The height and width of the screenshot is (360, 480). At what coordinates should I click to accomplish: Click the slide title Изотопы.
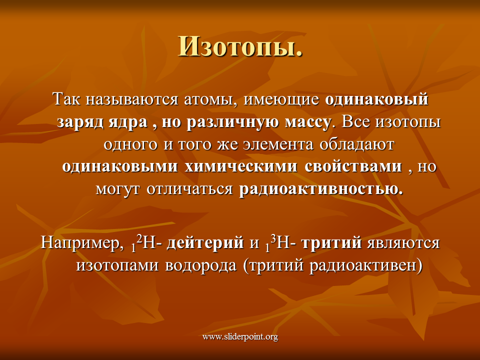[x=240, y=47]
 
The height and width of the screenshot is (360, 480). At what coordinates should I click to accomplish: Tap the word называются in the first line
[x=131, y=99]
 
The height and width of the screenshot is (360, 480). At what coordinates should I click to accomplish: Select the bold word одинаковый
[x=376, y=99]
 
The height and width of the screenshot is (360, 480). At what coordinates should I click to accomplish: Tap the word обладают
[x=356, y=144]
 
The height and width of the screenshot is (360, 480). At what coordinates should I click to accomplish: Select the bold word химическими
[x=241, y=166]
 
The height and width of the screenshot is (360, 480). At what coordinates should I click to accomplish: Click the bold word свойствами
[x=353, y=166]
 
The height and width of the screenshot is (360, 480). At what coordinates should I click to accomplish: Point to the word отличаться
[x=189, y=189]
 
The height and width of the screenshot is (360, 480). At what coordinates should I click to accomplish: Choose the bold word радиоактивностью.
[x=321, y=189]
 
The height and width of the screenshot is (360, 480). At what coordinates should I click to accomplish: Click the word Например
[x=80, y=243]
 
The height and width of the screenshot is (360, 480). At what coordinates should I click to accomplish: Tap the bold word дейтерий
[x=205, y=243]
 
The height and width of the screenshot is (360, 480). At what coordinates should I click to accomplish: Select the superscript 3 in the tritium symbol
[x=273, y=239]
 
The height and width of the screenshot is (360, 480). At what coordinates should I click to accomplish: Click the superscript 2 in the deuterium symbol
[x=139, y=239]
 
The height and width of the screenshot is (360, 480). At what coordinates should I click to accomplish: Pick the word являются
[x=403, y=243]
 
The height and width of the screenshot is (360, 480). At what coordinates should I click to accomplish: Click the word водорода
[x=201, y=265]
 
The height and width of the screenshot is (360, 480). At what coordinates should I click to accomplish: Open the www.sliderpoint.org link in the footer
[x=240, y=337]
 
